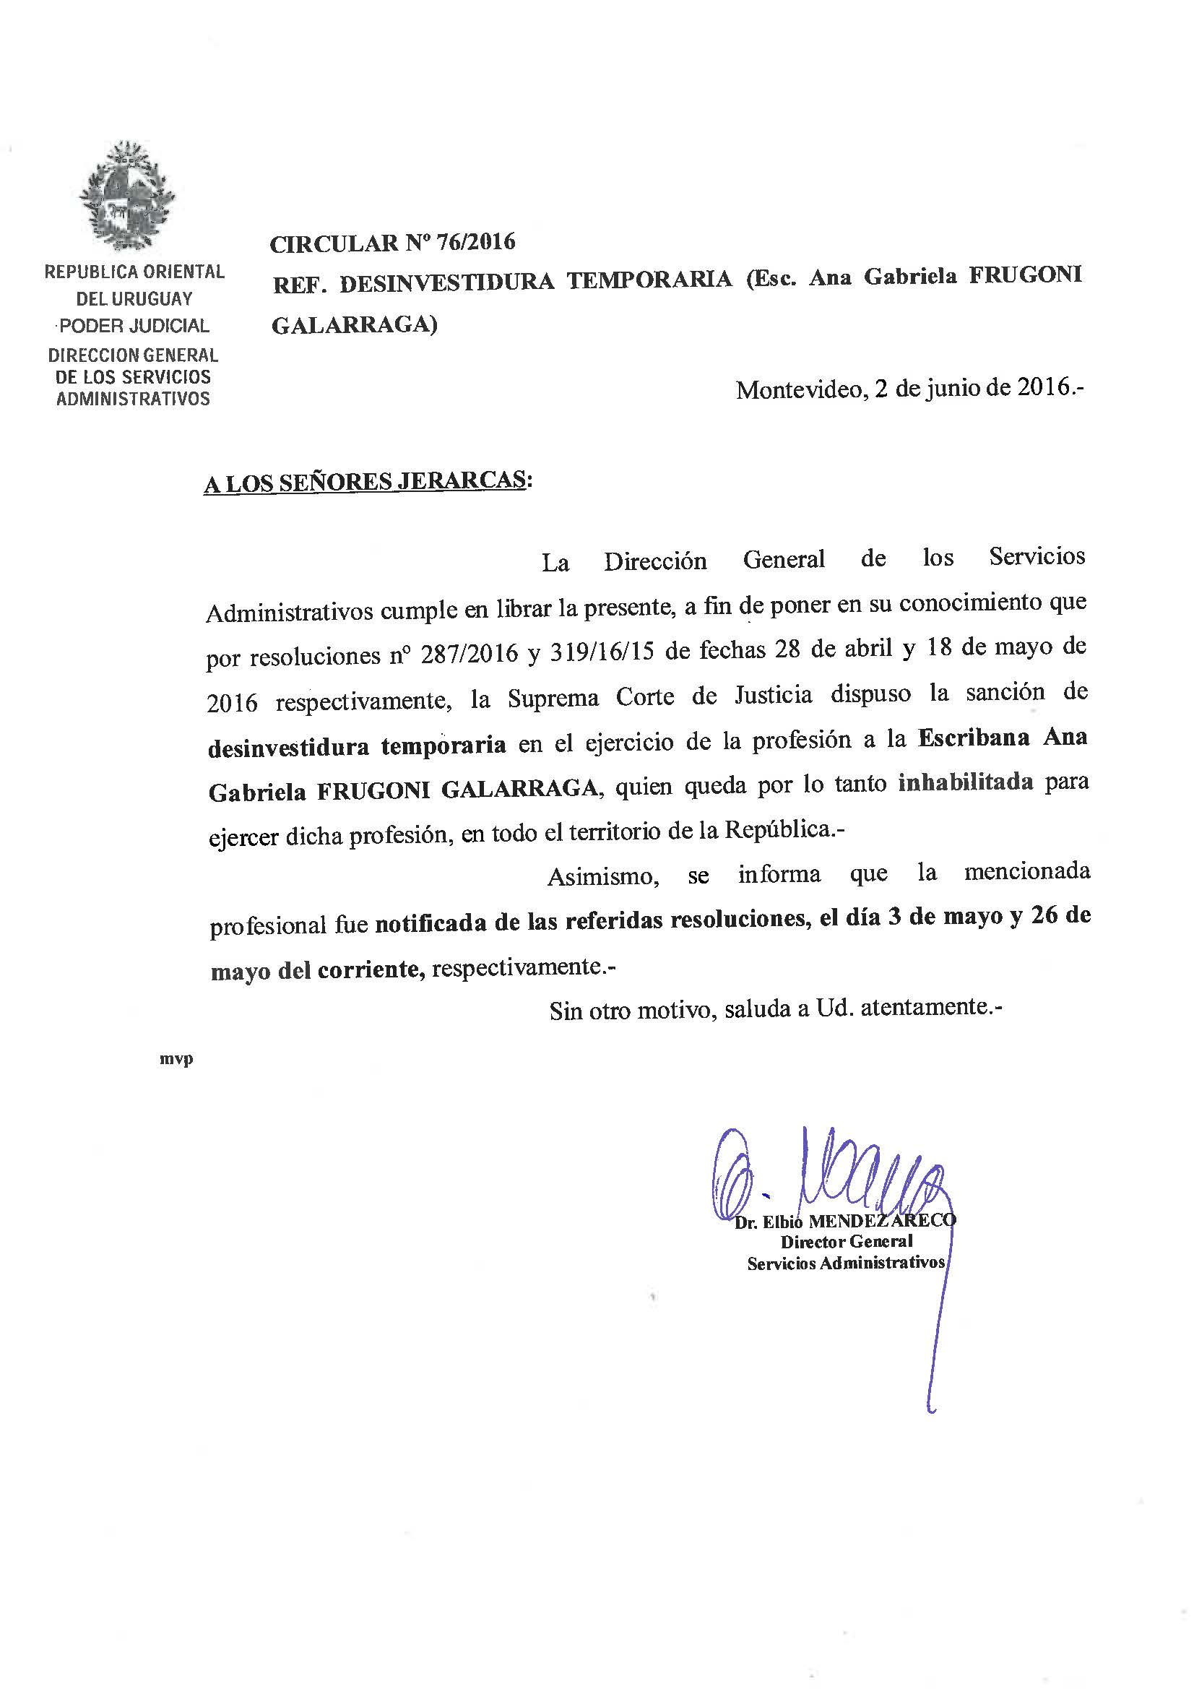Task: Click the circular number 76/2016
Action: (x=475, y=242)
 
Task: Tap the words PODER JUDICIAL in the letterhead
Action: (x=134, y=325)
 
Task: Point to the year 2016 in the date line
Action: (x=1043, y=387)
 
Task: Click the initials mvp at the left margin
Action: (x=176, y=1059)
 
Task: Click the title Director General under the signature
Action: (x=846, y=1242)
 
